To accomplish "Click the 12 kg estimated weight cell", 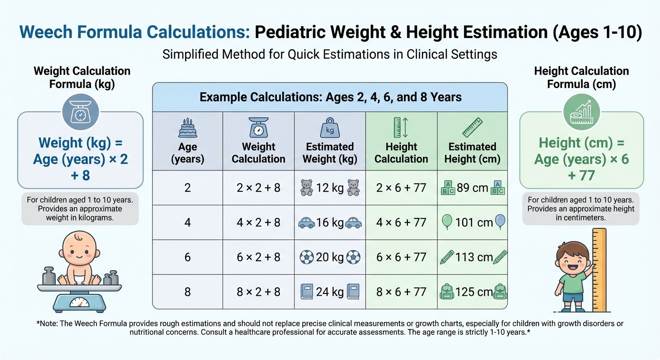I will click(330, 188).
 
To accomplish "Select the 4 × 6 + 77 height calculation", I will click(401, 222).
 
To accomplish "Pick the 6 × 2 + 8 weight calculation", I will click(258, 257).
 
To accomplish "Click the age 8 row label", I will click(187, 292).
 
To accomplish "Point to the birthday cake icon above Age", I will click(187, 127).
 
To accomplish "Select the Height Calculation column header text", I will click(401, 153).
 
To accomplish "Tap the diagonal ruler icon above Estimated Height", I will click(472, 127).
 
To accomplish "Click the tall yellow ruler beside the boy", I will click(599, 270).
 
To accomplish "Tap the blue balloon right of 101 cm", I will click(500, 221).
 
